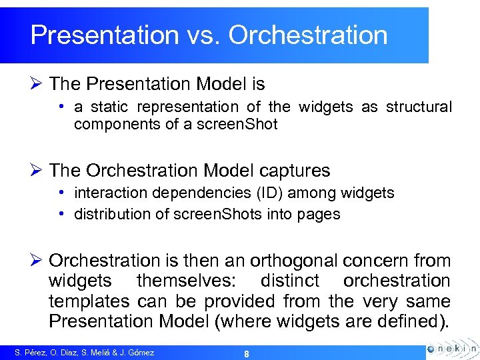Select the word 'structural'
419,107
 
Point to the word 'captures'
298,171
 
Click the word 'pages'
320,214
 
